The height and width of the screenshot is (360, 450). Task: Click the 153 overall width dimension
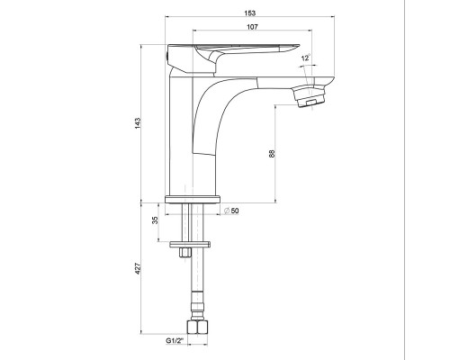pos(250,13)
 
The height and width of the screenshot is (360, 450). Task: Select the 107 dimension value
pos(252,27)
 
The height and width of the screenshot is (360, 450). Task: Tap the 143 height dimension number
pos(138,123)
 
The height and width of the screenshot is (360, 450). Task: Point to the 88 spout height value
pos(272,154)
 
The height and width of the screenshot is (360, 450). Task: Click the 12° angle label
pos(306,58)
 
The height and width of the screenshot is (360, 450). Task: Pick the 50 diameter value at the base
pos(235,211)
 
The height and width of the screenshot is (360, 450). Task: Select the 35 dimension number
pos(155,220)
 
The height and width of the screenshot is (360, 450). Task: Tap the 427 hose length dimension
pos(138,268)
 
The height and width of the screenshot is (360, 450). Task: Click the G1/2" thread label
pos(175,340)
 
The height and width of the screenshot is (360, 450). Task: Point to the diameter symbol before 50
pos(227,211)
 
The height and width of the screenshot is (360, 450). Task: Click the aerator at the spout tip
pos(309,95)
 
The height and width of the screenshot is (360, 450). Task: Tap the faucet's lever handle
pos(233,58)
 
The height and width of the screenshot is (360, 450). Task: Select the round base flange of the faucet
pos(193,199)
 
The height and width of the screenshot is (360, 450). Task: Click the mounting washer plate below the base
pos(190,245)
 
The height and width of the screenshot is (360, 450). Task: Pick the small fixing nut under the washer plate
pos(185,252)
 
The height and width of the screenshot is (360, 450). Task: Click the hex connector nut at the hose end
pos(197,327)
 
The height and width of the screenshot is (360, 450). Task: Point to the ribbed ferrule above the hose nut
pos(197,305)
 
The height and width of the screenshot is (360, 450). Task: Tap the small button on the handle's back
pos(166,56)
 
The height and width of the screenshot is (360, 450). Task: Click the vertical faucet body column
pos(181,135)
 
